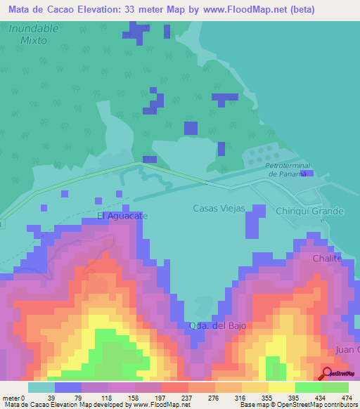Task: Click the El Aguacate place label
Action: coord(122,216)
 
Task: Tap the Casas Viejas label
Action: coord(219,209)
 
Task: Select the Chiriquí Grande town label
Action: coord(309,211)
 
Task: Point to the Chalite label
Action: coord(327,259)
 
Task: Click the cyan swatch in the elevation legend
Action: coord(41,387)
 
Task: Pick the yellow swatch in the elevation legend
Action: coord(281,387)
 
